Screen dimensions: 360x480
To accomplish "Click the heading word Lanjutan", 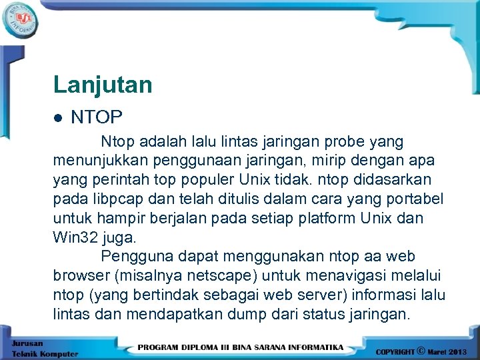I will [103, 85].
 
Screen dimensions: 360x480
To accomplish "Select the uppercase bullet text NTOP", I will [97, 117].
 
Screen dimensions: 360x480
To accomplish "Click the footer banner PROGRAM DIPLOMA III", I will [241, 347].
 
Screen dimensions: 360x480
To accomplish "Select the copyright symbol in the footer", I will [420, 349].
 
